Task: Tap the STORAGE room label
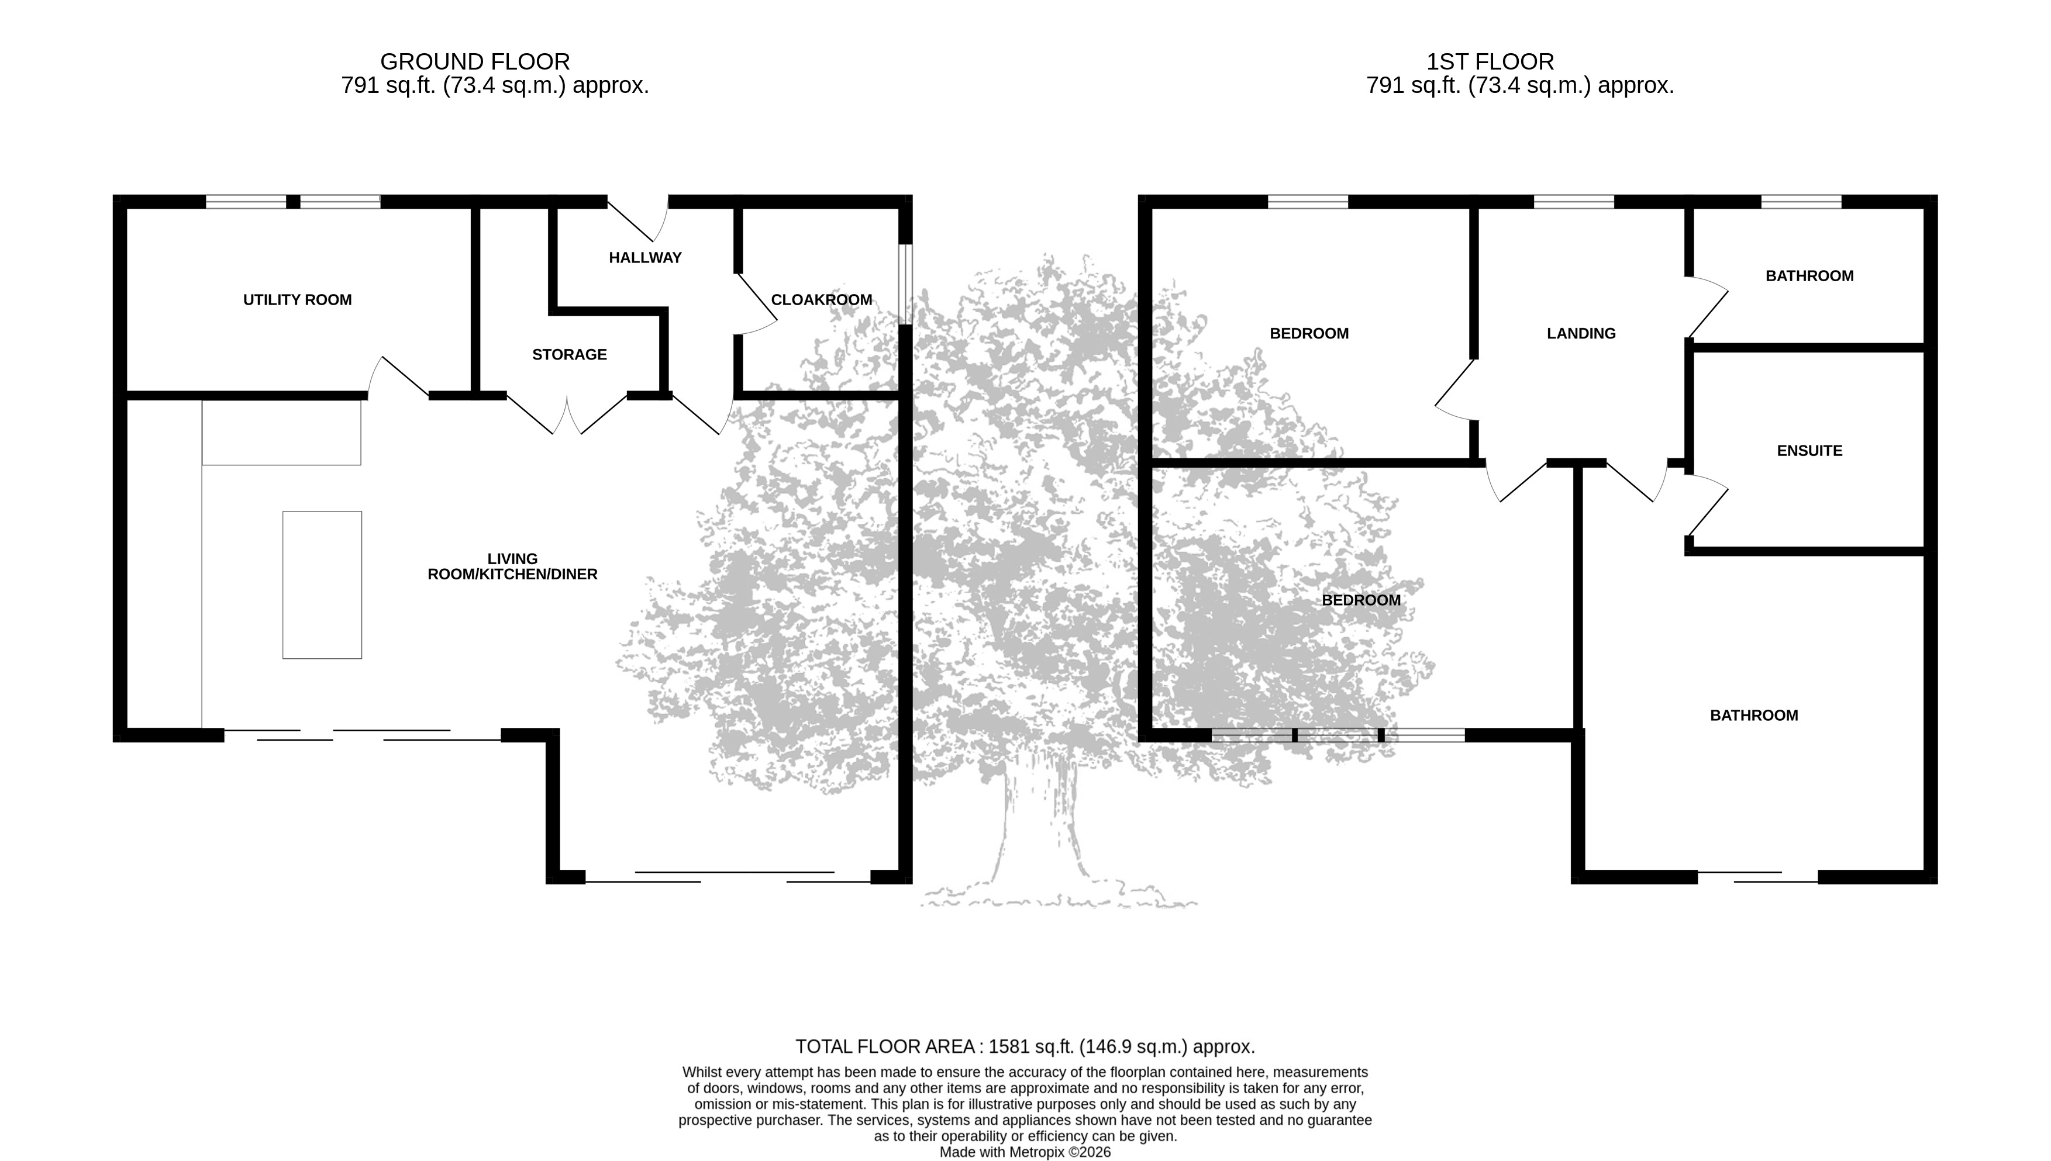[570, 355]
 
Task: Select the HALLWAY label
[646, 258]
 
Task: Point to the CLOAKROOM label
[822, 300]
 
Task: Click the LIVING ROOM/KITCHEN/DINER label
[512, 566]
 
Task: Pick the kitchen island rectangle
[322, 585]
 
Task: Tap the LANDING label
[1581, 333]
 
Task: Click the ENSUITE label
[1809, 451]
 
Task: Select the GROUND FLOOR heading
[475, 61]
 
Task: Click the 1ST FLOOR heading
[1490, 61]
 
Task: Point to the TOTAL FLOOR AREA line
[1025, 1046]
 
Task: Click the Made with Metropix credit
[1025, 1152]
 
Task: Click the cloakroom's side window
[905, 284]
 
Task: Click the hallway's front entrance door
[638, 219]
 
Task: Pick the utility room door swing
[398, 378]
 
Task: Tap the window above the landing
[1574, 202]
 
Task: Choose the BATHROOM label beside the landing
[1809, 276]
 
